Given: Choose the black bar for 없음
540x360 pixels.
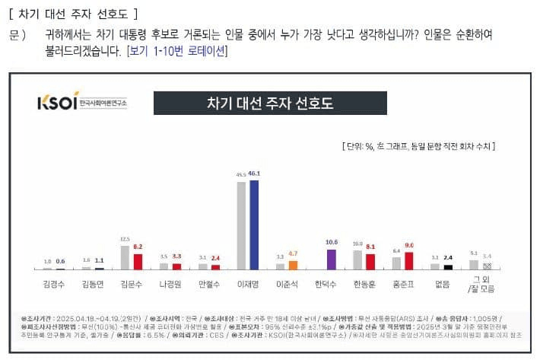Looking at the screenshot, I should point(449,266).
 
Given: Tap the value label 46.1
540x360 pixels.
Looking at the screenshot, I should point(255,174).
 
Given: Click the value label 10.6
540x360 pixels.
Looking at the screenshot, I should point(332,242).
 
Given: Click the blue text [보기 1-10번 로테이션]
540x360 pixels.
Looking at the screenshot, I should point(176,51).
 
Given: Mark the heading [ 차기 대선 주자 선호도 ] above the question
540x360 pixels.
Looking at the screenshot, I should point(73,13).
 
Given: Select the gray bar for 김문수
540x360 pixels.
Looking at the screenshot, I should point(125,257).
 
